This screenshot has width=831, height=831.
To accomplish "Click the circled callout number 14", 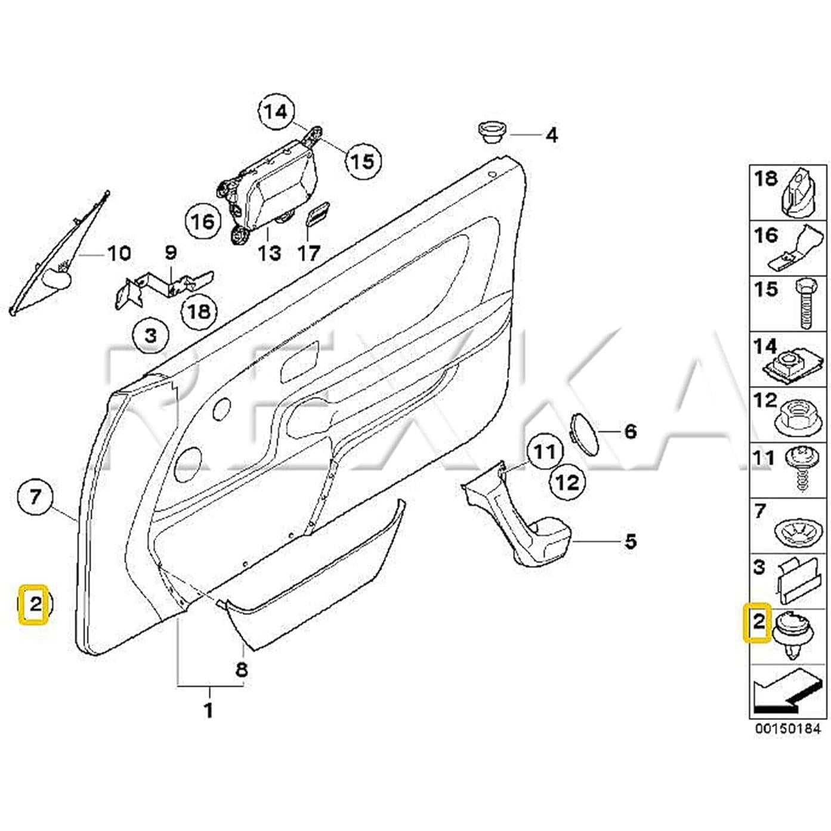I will (276, 112).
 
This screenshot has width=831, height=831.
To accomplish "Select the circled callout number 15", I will (362, 160).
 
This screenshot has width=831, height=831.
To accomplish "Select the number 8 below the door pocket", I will (241, 669).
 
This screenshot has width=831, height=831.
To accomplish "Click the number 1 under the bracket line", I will (208, 710).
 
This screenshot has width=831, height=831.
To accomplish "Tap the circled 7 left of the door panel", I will (35, 496).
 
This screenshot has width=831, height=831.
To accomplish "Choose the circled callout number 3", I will (150, 335).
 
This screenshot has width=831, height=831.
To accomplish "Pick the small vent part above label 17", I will (319, 218).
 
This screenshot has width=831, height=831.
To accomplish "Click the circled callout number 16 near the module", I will (202, 221).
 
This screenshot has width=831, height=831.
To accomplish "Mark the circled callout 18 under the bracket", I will (199, 311).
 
